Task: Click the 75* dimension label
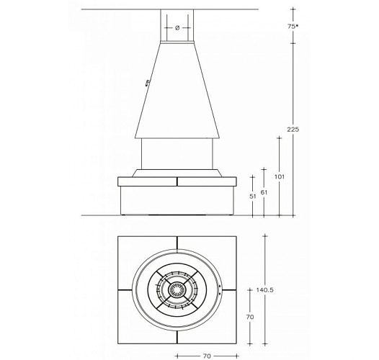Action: click(x=293, y=27)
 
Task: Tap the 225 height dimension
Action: click(x=293, y=130)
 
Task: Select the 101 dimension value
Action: click(x=280, y=176)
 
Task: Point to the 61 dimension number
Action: click(x=264, y=192)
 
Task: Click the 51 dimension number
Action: click(x=252, y=197)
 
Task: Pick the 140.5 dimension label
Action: click(x=265, y=289)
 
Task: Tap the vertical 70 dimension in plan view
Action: click(x=250, y=317)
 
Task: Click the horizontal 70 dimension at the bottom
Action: click(x=207, y=356)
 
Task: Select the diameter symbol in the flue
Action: click(x=177, y=28)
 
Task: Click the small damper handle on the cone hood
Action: click(x=147, y=83)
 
